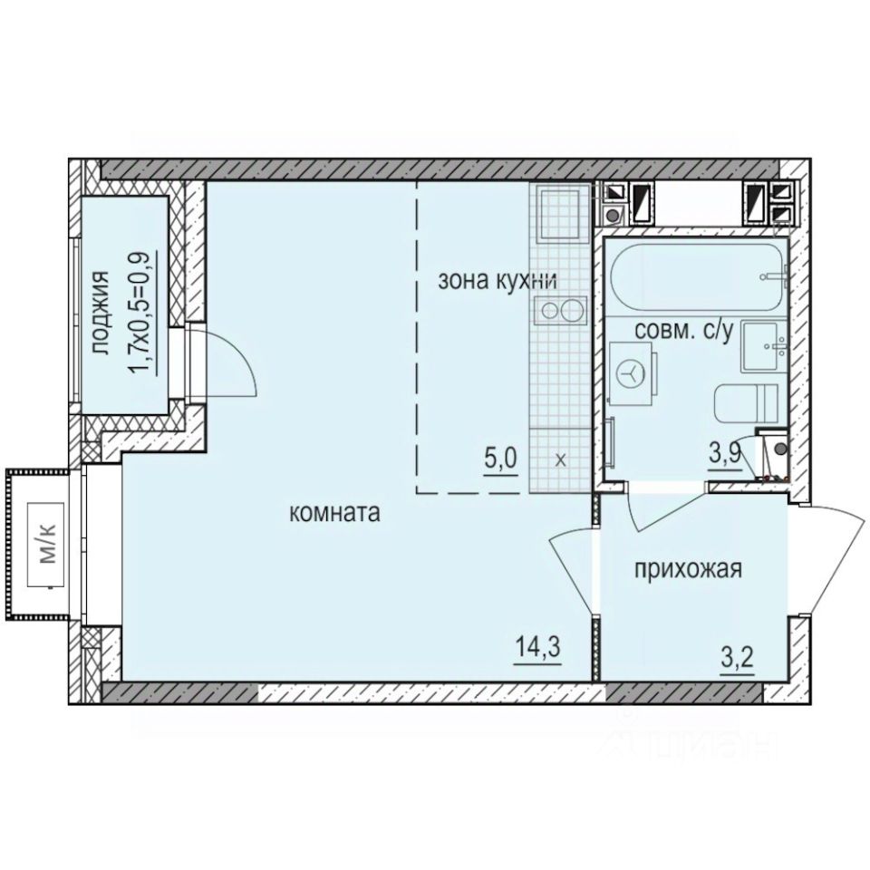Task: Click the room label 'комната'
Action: click(x=333, y=513)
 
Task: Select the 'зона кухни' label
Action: click(x=496, y=280)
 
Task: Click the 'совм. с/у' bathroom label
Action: click(x=683, y=331)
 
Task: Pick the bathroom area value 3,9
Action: click(x=726, y=455)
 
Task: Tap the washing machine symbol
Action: click(x=634, y=372)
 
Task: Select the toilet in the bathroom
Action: click(x=746, y=402)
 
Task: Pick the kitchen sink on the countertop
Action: click(x=556, y=213)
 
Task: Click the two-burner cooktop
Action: click(x=556, y=312)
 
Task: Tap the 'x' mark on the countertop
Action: click(x=559, y=459)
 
